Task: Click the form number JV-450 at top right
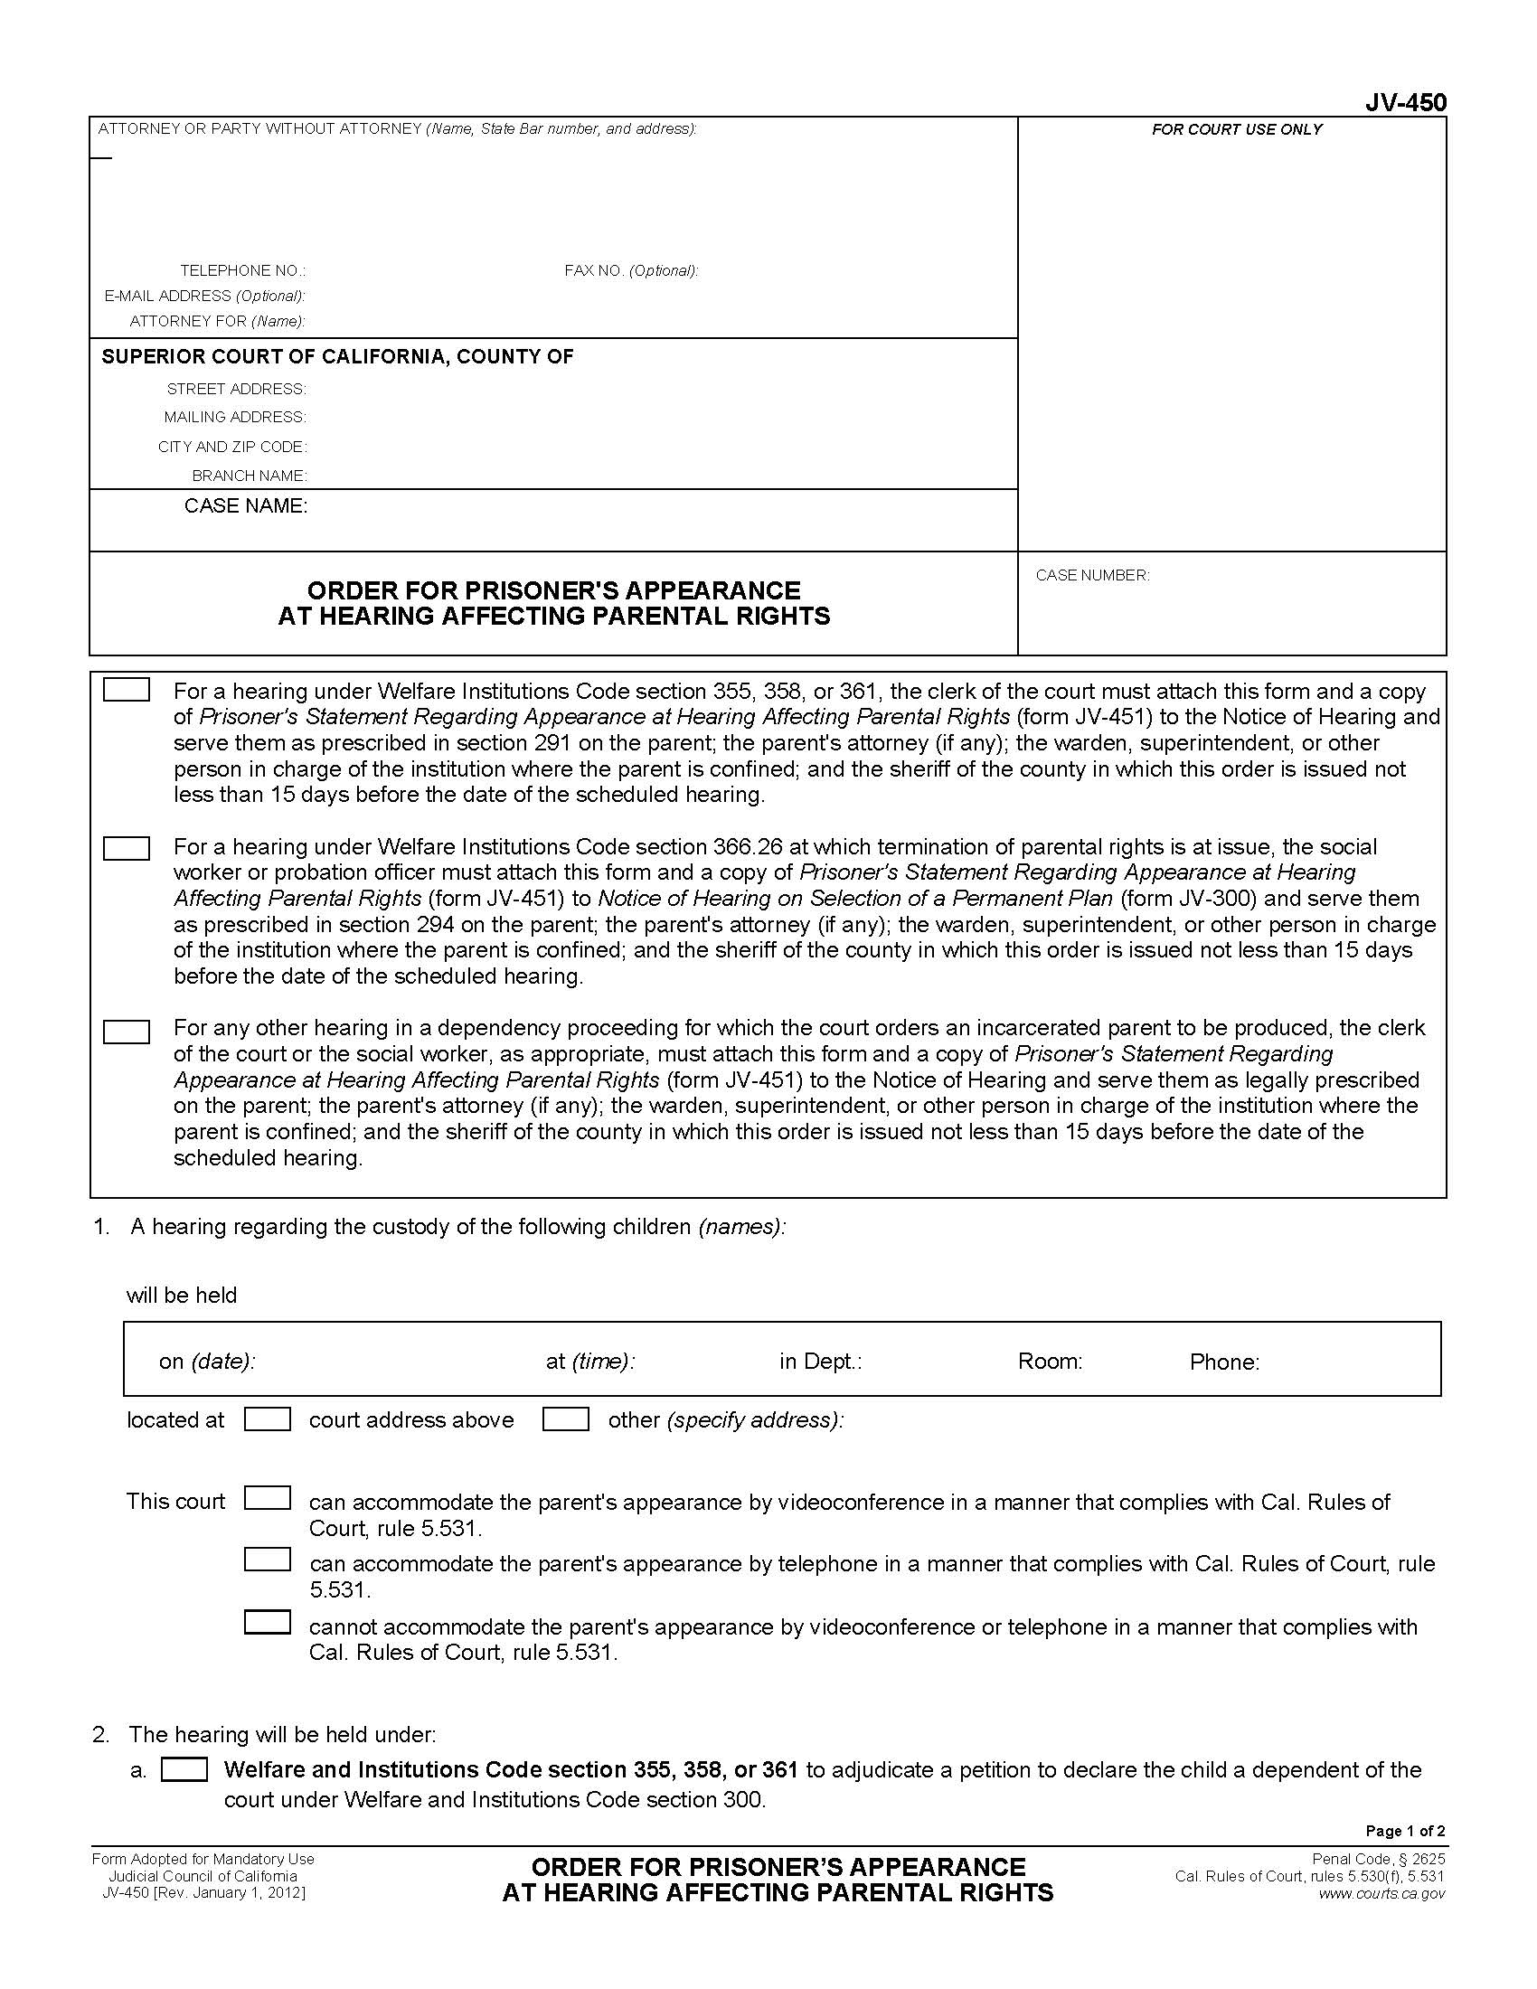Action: pos(1404,103)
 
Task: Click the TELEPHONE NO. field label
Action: pos(242,270)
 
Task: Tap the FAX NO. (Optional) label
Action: pos(631,270)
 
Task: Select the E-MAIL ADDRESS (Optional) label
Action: pos(204,296)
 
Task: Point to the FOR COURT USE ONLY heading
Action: pos(1237,129)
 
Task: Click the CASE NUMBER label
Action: pos(1092,575)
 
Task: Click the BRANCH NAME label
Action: pos(249,476)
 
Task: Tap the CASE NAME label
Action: pos(246,506)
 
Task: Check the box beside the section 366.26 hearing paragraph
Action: pos(127,848)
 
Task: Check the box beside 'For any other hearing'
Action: pos(127,1032)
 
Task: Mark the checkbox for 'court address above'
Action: pos(268,1419)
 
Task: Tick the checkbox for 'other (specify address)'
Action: pos(565,1419)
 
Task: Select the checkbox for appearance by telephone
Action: pos(268,1560)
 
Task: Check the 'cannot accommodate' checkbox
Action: pos(268,1622)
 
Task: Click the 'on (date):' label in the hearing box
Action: pos(207,1362)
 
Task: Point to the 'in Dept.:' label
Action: pos(819,1362)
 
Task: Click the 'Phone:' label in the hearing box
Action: pos(1224,1362)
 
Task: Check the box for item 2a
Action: pos(184,1769)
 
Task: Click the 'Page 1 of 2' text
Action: pos(1405,1831)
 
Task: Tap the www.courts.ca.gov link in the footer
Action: pos(1381,1893)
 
